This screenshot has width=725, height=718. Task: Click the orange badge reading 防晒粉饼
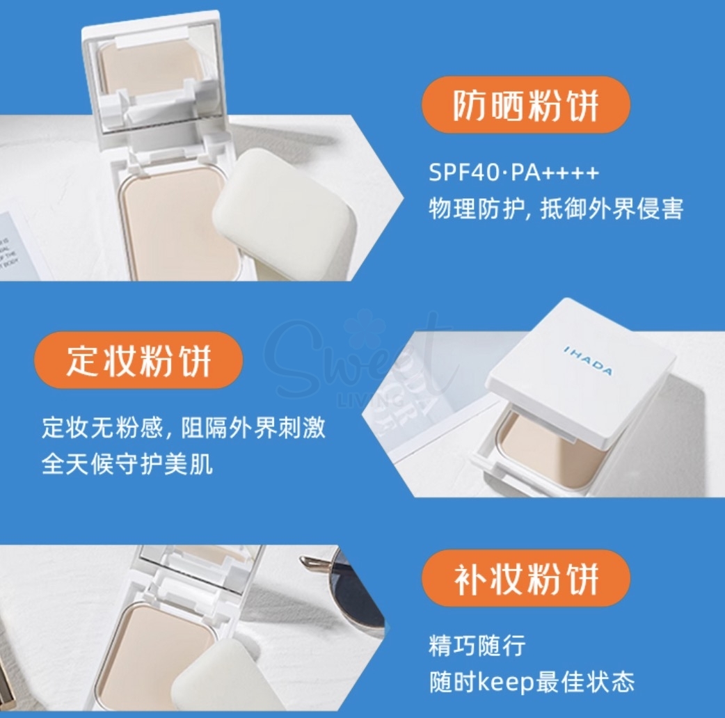pos(525,105)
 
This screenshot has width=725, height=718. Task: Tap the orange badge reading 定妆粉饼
pos(138,360)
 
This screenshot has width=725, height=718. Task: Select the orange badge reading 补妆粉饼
pos(525,578)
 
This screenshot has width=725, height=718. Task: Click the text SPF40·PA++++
pos(513,173)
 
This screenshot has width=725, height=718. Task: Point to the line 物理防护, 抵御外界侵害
pos(556,209)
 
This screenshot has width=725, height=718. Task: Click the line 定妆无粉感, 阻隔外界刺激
pos(184,428)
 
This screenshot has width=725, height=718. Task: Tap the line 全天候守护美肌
pos(127,464)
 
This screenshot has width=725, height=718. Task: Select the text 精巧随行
pos(477,646)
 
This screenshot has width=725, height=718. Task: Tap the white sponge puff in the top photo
pos(280,213)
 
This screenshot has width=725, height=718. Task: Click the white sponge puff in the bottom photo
pos(221,679)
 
